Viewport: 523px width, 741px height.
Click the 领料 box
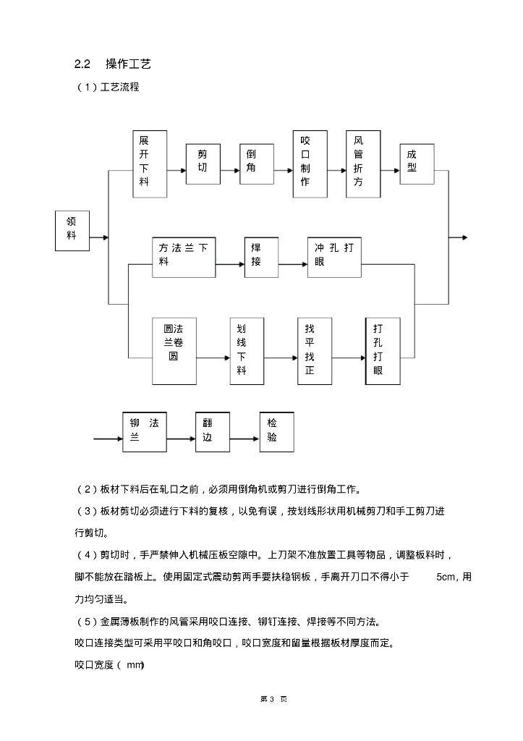(72, 231)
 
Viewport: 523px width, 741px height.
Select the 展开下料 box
(150, 164)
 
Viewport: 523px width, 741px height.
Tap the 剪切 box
(202, 161)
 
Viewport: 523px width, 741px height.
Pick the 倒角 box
(256, 161)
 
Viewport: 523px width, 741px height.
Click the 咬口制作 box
(310, 164)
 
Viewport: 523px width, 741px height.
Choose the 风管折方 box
(362, 164)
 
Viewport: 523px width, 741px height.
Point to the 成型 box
(417, 162)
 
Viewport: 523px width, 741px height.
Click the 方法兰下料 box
(184, 257)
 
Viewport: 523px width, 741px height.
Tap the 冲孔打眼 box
(334, 257)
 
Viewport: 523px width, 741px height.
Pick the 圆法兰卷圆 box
(174, 350)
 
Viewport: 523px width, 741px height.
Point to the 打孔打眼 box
(382, 350)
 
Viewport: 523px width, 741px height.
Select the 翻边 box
(212, 431)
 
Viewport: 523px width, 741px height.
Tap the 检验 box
(276, 431)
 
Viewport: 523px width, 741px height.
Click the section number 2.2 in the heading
(82, 64)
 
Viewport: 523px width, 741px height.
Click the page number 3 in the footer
(261, 699)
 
